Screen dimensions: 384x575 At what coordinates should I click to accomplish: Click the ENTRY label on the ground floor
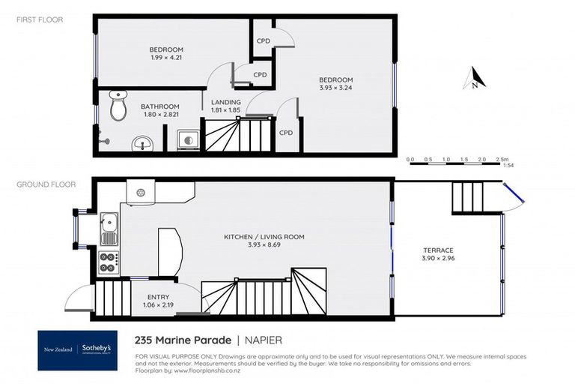pos(157,297)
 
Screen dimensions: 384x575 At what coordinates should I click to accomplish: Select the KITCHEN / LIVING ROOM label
pos(264,237)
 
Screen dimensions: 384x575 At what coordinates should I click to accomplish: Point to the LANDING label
pos(225,103)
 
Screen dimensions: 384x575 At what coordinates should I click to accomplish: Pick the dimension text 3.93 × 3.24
pos(335,87)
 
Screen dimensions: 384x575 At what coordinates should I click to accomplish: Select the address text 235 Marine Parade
pos(183,338)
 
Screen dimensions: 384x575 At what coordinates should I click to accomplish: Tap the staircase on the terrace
pos(469,197)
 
